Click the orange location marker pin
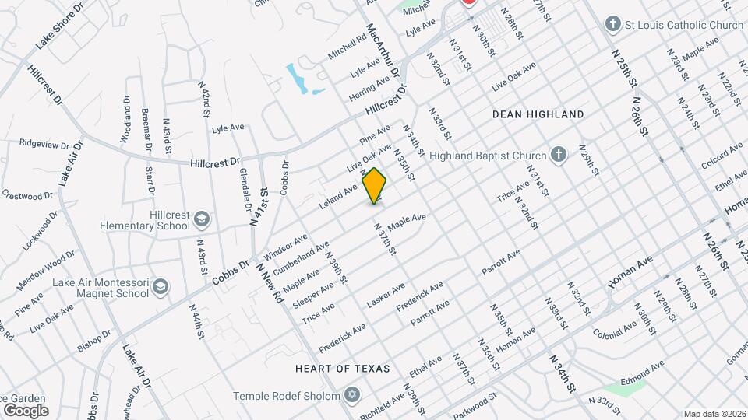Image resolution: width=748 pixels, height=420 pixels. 375,186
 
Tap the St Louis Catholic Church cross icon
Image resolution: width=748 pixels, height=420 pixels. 613,25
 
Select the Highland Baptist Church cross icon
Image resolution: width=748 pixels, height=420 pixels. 558,154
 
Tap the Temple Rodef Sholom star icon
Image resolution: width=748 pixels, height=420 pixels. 353,396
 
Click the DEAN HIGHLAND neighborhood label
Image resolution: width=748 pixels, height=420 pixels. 538,114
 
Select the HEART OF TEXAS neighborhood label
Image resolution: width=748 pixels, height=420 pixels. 342,368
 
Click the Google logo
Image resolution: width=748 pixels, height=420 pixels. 26,410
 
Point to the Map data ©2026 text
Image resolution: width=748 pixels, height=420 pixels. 714,414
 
